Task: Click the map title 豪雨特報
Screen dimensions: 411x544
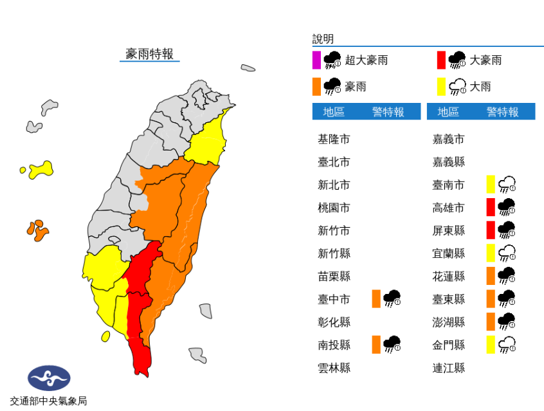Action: tap(149, 54)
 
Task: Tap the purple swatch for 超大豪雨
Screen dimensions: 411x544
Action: tap(316, 60)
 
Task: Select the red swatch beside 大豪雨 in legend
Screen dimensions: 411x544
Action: tap(441, 60)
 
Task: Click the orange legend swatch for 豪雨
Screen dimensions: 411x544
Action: tap(316, 86)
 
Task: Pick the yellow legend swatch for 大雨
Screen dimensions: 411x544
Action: tap(441, 86)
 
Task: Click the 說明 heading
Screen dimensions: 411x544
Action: tap(323, 39)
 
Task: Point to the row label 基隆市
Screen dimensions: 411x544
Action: tap(334, 139)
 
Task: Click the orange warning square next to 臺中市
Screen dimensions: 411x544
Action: tap(376, 298)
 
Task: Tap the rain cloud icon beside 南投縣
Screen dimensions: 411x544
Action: tap(392, 345)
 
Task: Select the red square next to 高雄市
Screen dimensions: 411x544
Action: tap(491, 207)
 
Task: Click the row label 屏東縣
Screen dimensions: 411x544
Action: tap(448, 230)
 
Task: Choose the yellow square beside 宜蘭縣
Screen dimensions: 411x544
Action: tap(491, 253)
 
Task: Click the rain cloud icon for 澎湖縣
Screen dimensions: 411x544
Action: tap(507, 322)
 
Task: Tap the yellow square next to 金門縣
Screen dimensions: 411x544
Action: tap(491, 345)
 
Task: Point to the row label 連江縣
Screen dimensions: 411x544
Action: tap(448, 368)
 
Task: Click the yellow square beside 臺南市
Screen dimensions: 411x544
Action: tap(491, 185)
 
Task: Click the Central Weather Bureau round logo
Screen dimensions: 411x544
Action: tap(49, 378)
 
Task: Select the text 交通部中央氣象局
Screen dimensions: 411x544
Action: tap(48, 401)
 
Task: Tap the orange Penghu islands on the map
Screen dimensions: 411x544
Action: tap(37, 230)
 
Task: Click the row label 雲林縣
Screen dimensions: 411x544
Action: tap(334, 368)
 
